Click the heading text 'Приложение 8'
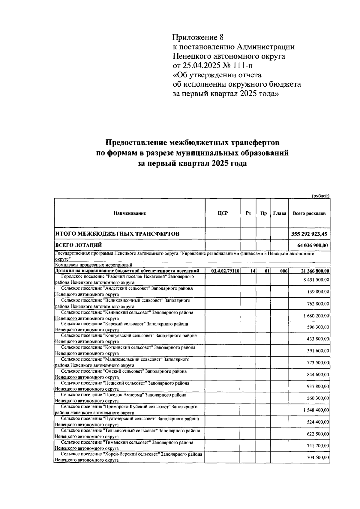click(x=198, y=37)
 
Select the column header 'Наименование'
click(x=130, y=213)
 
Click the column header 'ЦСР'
click(x=223, y=213)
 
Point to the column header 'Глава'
click(x=280, y=214)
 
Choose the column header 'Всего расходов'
click(x=309, y=214)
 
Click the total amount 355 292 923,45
click(x=309, y=234)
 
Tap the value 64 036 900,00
click(x=312, y=246)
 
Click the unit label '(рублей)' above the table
click(x=321, y=196)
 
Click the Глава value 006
click(x=284, y=271)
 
